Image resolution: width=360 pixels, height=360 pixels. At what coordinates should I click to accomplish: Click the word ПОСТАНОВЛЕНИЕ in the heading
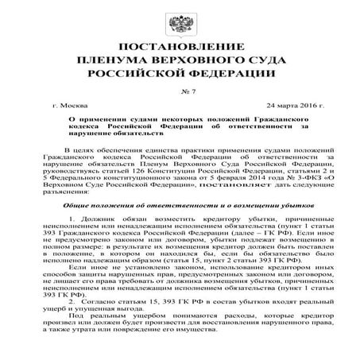point(180,46)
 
